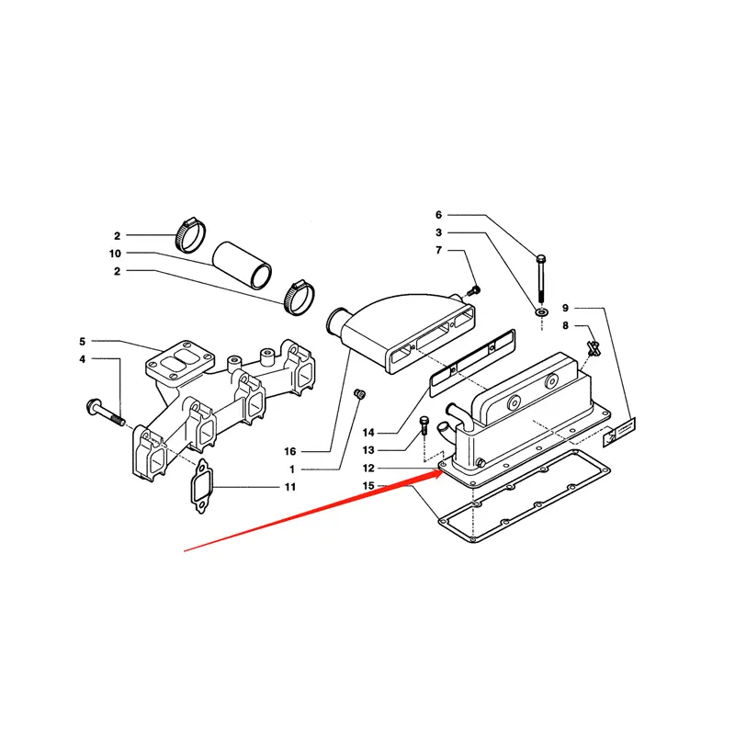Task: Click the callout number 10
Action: pos(115,254)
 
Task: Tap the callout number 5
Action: pos(83,341)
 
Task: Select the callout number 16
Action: pos(290,451)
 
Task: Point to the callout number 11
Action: pos(290,487)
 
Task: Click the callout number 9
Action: pos(565,308)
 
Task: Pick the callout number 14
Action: pos(368,433)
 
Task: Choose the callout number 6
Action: pos(438,215)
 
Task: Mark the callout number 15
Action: pos(368,486)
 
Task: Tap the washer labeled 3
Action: pos(542,311)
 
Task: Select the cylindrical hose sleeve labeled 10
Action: pos(243,265)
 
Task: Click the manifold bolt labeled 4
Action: pos(106,413)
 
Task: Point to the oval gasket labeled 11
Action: pos(201,486)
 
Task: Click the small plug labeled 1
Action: pos(360,395)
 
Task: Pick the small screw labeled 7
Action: pos(474,290)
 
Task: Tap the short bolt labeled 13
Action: pos(424,425)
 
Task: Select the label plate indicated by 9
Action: pos(618,432)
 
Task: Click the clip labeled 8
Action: pos(594,349)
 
